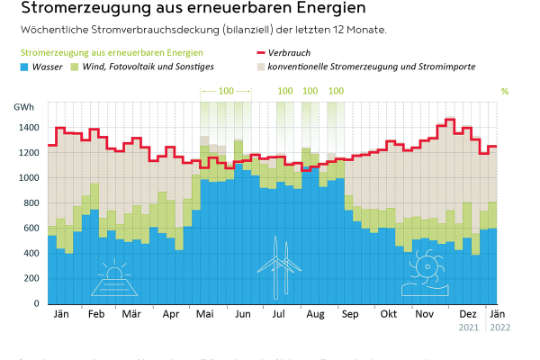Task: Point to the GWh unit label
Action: point(23,105)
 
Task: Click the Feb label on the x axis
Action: point(96,314)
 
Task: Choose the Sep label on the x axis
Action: point(350,314)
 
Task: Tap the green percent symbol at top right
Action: point(504,91)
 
